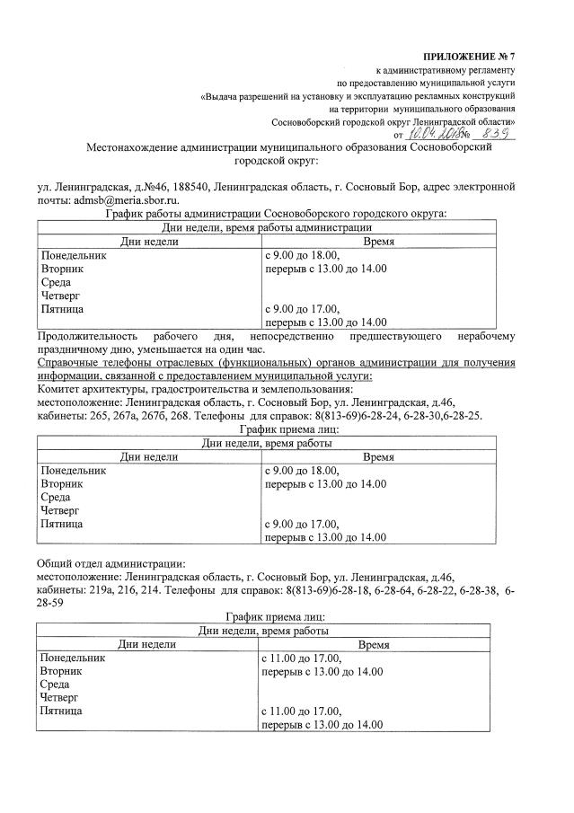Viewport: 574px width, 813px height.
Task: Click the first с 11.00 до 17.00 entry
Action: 298,658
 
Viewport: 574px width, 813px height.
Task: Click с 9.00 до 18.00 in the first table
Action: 296,255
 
